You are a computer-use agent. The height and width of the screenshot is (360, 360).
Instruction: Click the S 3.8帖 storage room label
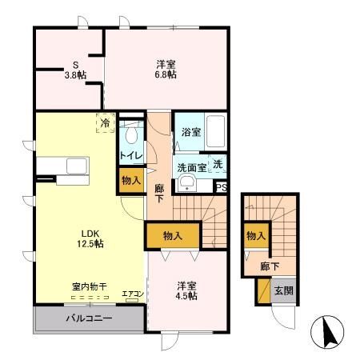pyautogui.click(x=76, y=70)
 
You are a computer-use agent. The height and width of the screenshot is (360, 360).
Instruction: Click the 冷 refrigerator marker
pyautogui.click(x=105, y=123)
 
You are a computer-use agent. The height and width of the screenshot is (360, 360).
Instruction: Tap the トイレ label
pyautogui.click(x=131, y=154)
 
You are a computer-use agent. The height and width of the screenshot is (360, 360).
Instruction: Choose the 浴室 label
pyautogui.click(x=190, y=132)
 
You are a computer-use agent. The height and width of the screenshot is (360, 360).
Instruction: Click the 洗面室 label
pyautogui.click(x=192, y=167)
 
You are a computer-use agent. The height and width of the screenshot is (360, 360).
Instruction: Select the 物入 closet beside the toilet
pyautogui.click(x=131, y=181)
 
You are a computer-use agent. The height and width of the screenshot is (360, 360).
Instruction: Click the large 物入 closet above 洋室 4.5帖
pyautogui.click(x=172, y=236)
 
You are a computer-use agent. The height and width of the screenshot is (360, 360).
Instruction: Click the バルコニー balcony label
pyautogui.click(x=88, y=318)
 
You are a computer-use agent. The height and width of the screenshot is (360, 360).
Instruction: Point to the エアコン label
pyautogui.click(x=132, y=294)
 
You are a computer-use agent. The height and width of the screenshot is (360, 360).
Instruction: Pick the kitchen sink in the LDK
pyautogui.click(x=78, y=166)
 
